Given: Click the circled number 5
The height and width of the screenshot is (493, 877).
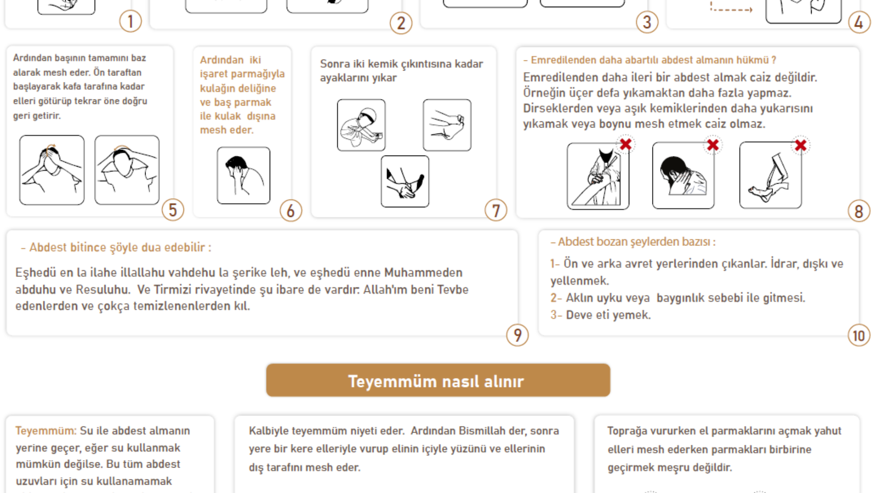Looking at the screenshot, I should click(173, 210).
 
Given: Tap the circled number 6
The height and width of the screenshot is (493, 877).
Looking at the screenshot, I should click(291, 211).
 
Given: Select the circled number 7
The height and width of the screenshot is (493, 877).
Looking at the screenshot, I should click(496, 211).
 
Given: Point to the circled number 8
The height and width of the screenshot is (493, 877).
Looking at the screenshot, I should click(859, 211).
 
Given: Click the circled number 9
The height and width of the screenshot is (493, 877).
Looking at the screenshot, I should click(517, 335).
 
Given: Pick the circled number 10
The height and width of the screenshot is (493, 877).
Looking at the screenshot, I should click(859, 336).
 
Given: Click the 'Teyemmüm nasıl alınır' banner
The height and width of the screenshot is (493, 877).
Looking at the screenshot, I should click(438, 380).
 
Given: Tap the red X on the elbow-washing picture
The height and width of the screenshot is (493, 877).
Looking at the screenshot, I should click(626, 144).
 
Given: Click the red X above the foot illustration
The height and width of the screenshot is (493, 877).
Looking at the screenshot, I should click(801, 145).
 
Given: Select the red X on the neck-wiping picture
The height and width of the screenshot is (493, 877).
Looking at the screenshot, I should click(713, 145).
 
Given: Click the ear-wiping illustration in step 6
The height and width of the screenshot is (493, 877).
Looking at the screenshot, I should click(243, 175).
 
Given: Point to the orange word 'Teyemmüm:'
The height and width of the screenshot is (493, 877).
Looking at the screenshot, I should click(46, 431).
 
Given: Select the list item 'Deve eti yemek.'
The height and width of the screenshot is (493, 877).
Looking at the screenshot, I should click(608, 315).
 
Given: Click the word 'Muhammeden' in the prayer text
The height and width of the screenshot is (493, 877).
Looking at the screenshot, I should click(423, 273).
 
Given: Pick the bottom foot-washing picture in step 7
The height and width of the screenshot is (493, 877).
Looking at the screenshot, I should click(405, 181).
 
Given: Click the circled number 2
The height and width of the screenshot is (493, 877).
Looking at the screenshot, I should click(401, 23).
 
